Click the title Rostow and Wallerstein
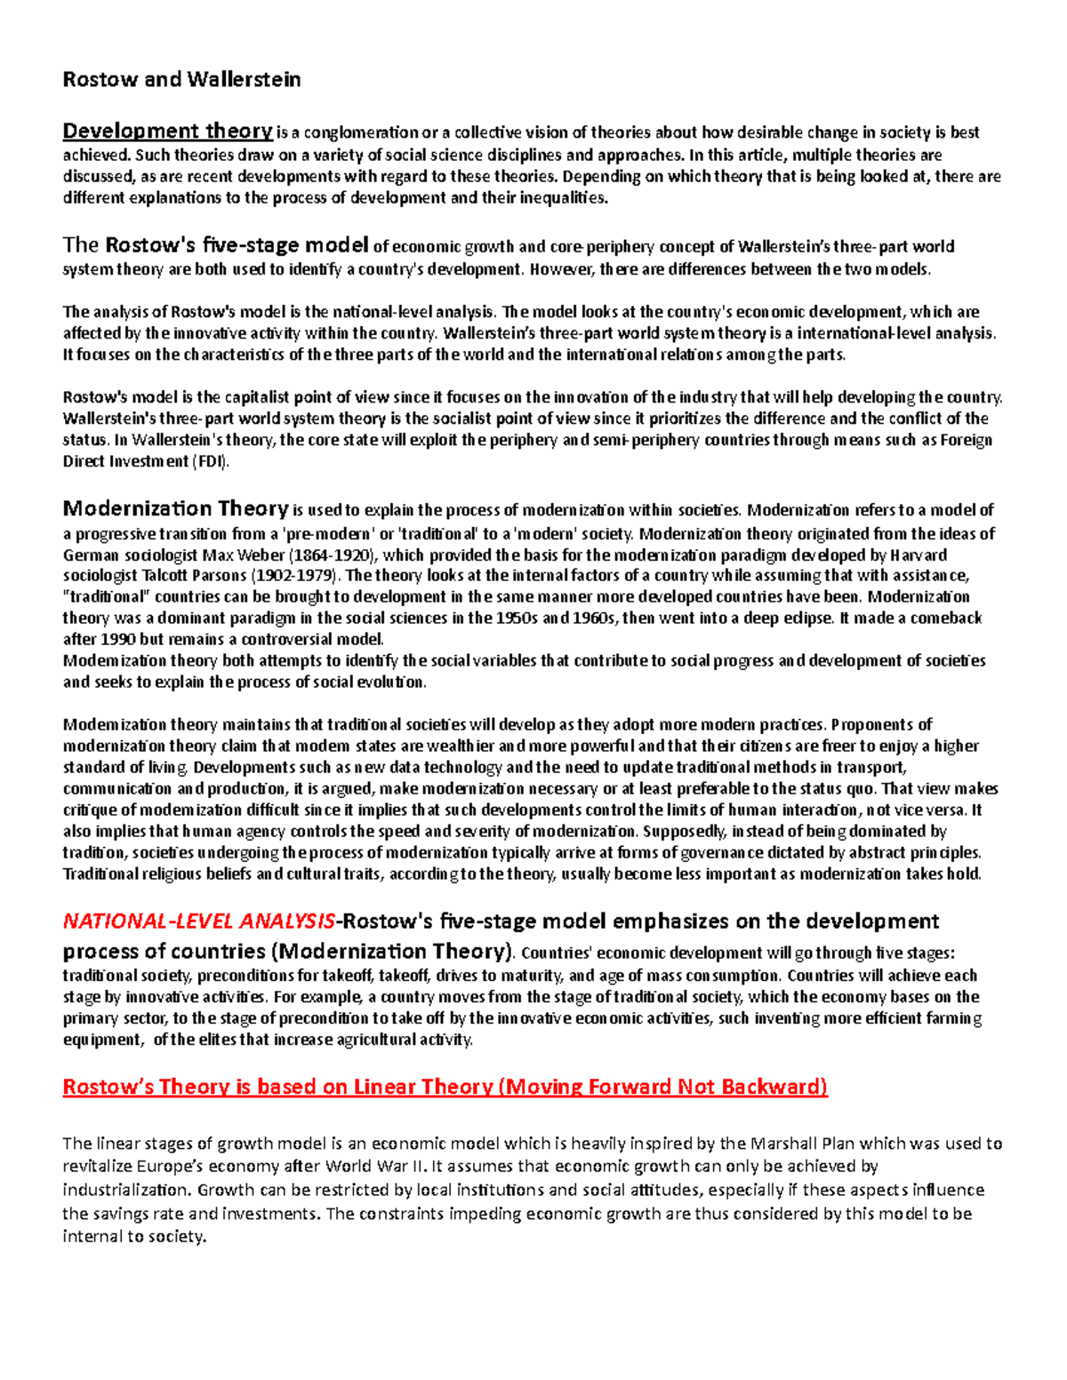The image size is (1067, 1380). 181,80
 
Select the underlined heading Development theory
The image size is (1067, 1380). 167,132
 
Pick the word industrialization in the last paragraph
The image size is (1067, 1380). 125,1189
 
